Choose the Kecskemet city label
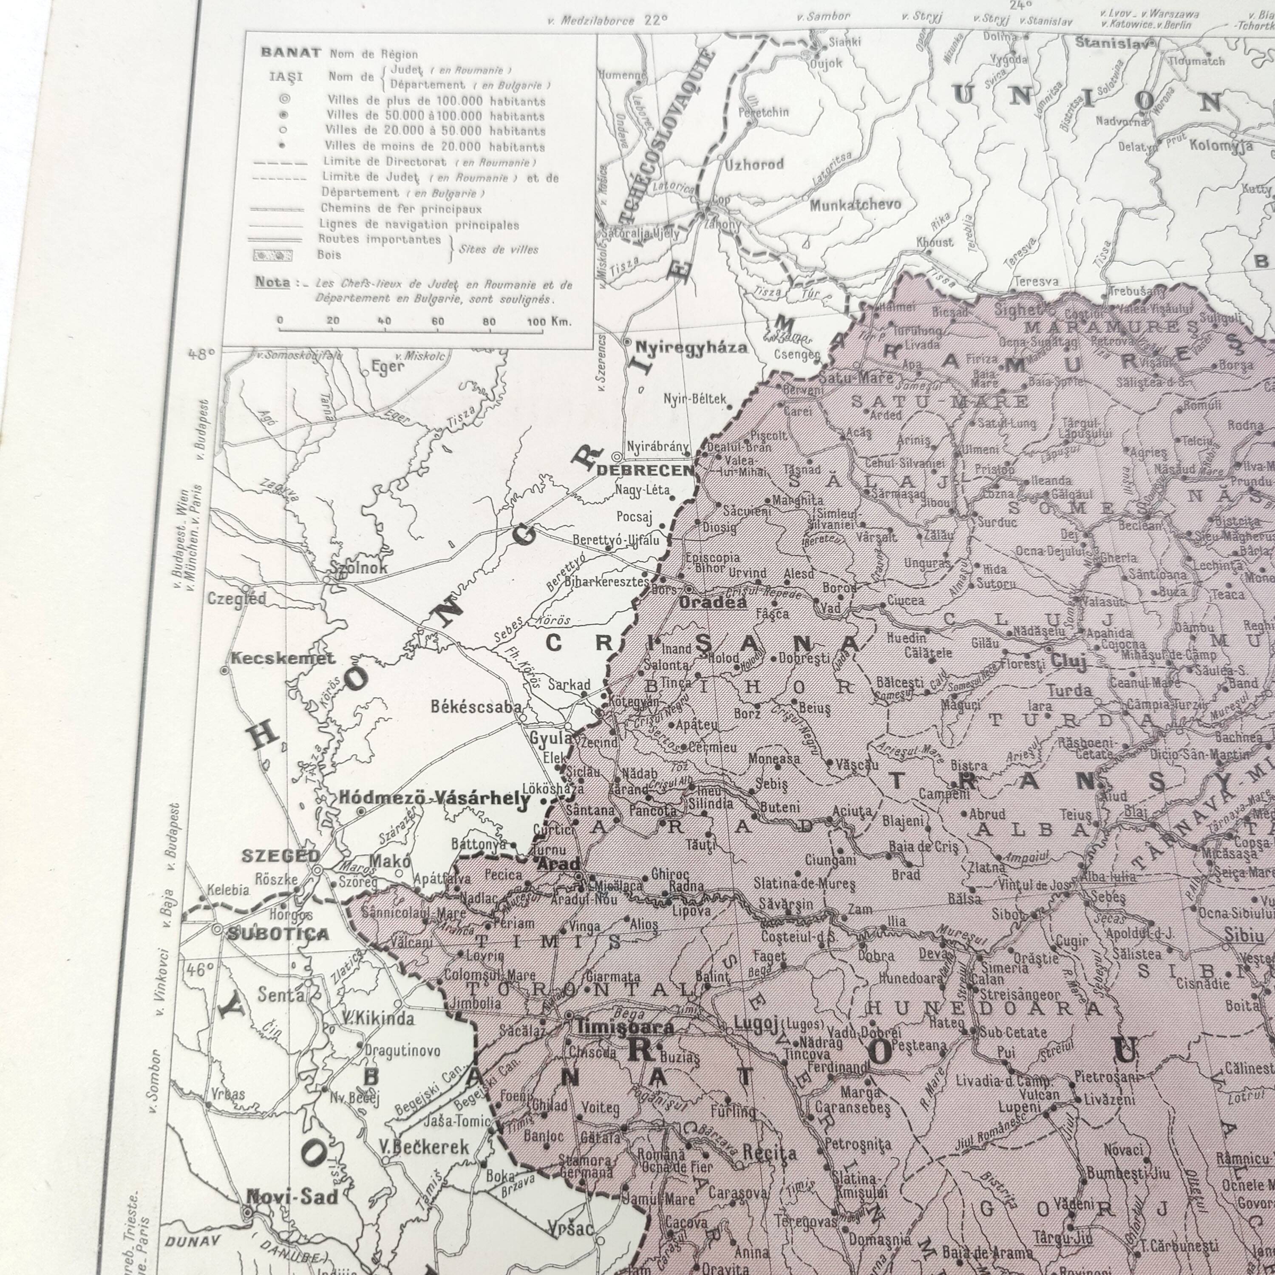click(x=283, y=658)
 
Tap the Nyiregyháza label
click(x=691, y=348)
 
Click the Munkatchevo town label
click(x=855, y=204)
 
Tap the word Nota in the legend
click(x=272, y=282)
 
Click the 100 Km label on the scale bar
click(x=549, y=321)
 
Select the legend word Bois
click(x=329, y=255)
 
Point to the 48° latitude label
click(x=202, y=354)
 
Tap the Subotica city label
click(x=278, y=934)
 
